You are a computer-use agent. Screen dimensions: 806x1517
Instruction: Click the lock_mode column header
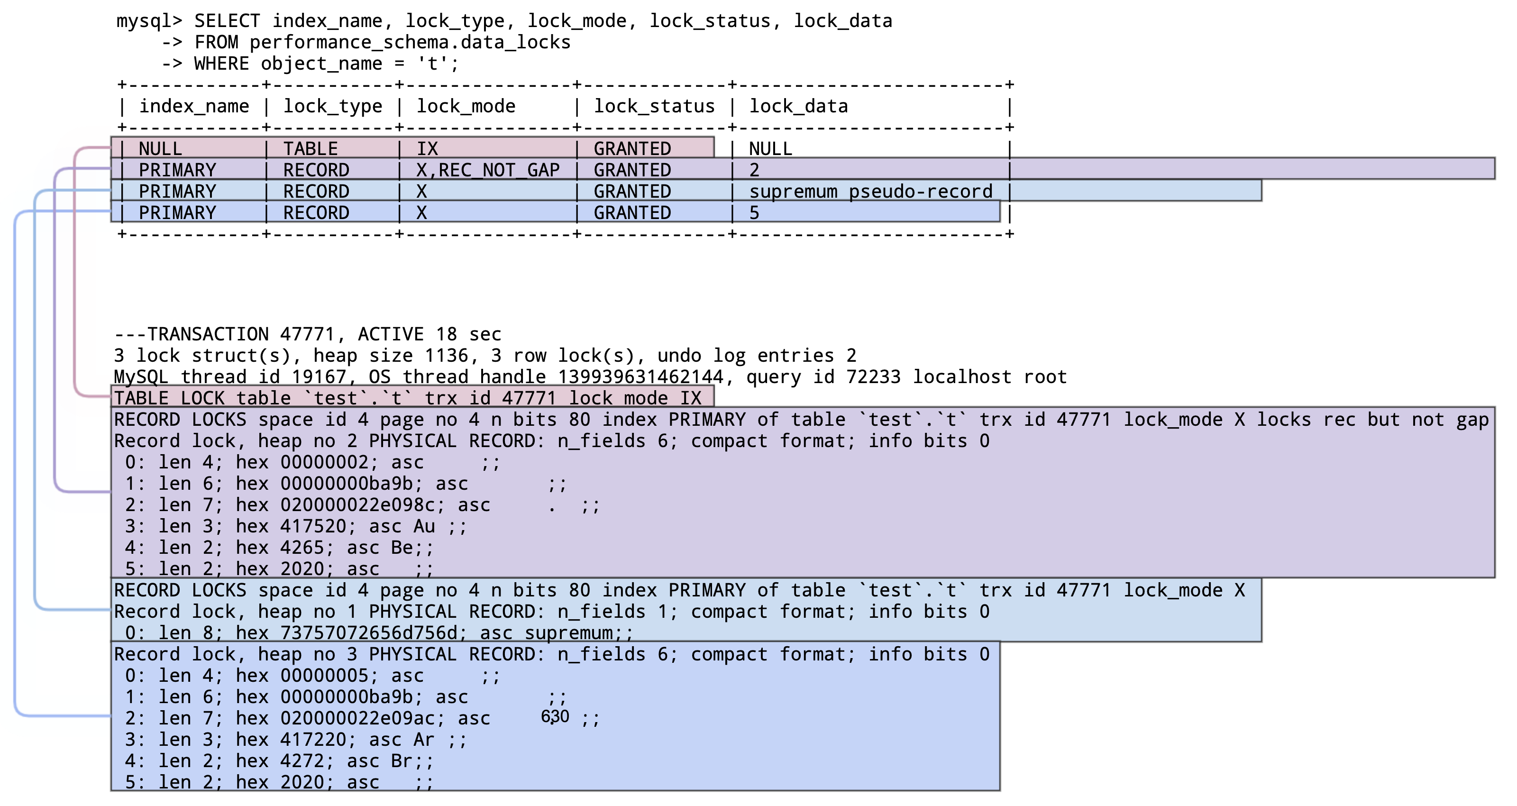pyautogui.click(x=466, y=107)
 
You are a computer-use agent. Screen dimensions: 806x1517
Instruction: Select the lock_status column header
pyautogui.click(x=654, y=107)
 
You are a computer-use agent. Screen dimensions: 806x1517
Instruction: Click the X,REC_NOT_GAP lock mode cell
pyautogui.click(x=488, y=170)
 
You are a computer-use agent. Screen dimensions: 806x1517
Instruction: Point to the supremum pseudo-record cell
pyautogui.click(x=870, y=192)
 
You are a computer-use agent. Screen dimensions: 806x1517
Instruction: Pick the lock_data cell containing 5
pyautogui.click(x=754, y=213)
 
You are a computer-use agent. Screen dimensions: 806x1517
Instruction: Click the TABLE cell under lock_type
pyautogui.click(x=311, y=148)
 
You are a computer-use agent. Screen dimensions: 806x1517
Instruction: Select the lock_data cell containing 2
pyautogui.click(x=754, y=170)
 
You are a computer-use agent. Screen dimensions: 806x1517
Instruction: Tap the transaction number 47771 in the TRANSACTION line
pyautogui.click(x=307, y=335)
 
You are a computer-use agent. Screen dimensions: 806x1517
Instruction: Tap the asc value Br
pyautogui.click(x=402, y=760)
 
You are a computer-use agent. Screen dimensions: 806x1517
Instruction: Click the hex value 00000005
pyautogui.click(x=324, y=676)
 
